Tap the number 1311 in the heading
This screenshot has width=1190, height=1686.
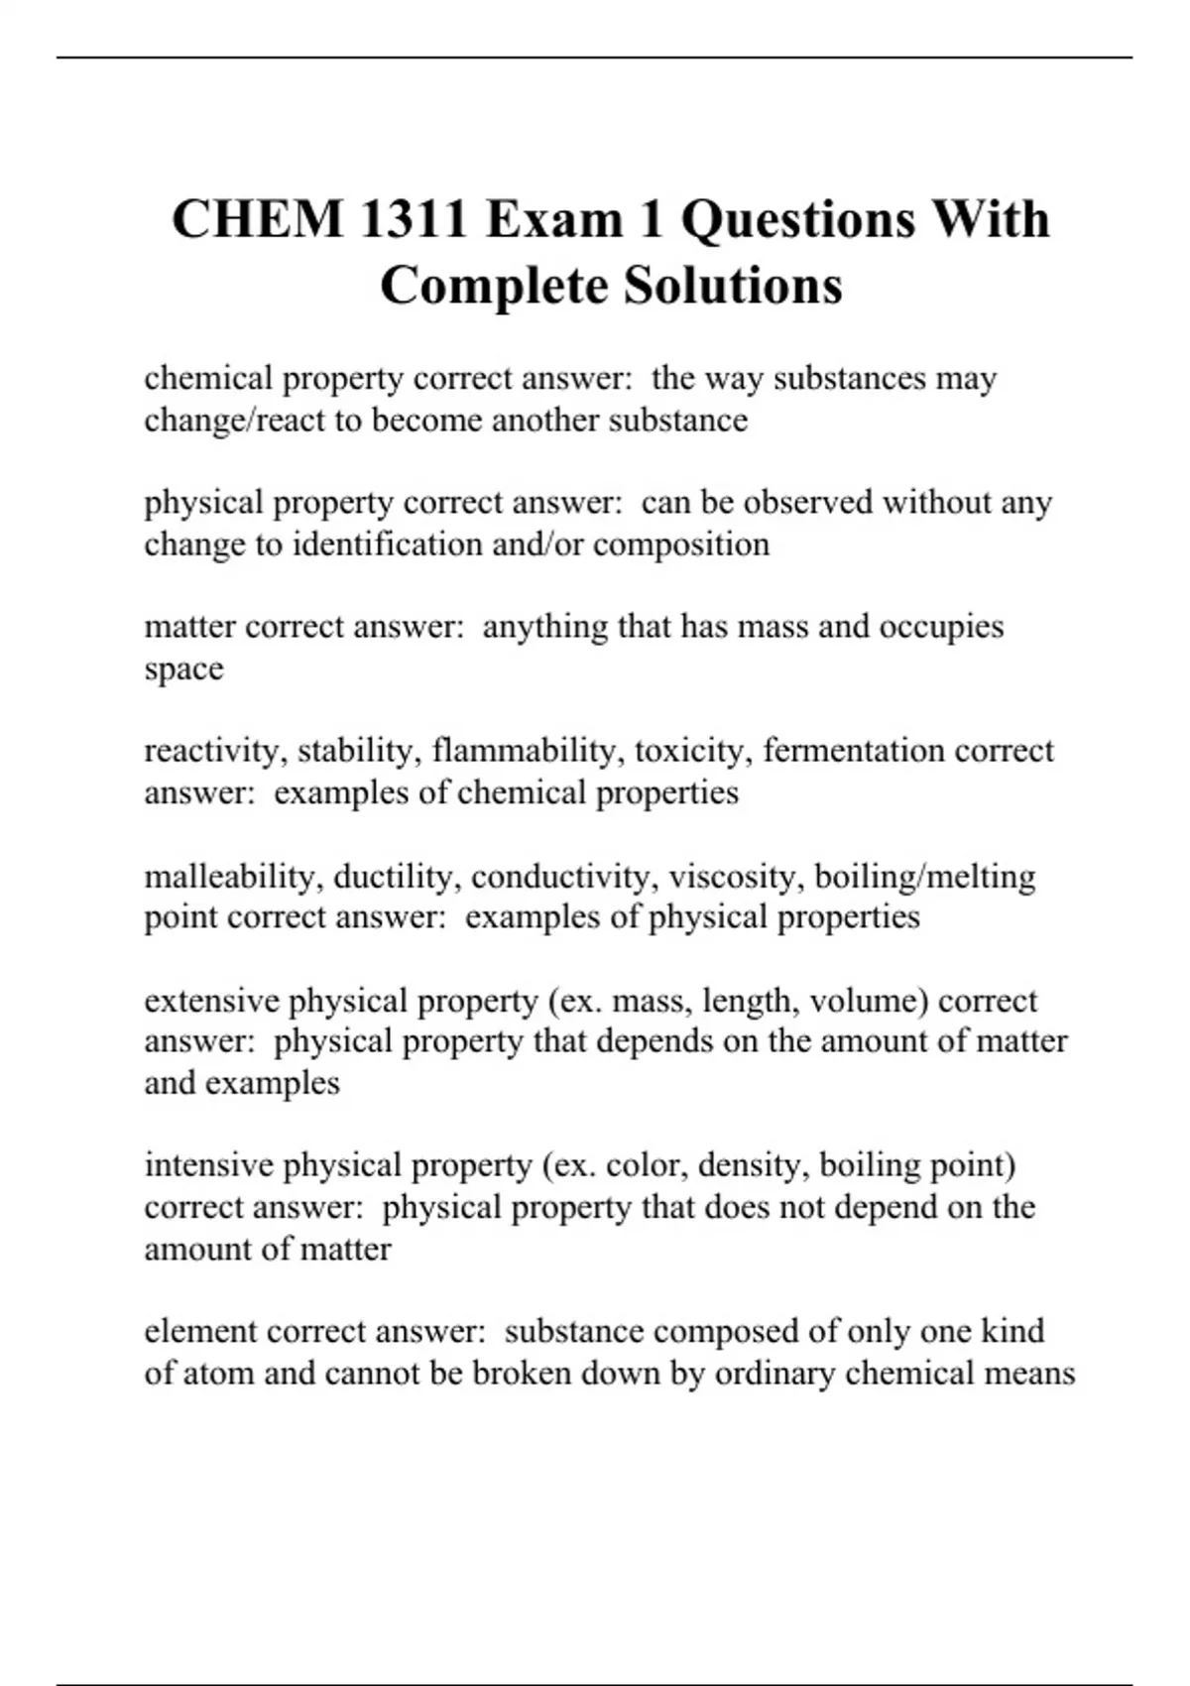[414, 219]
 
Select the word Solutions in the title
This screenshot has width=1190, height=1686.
[733, 286]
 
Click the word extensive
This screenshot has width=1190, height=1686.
[211, 1001]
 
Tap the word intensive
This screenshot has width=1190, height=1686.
[208, 1165]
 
